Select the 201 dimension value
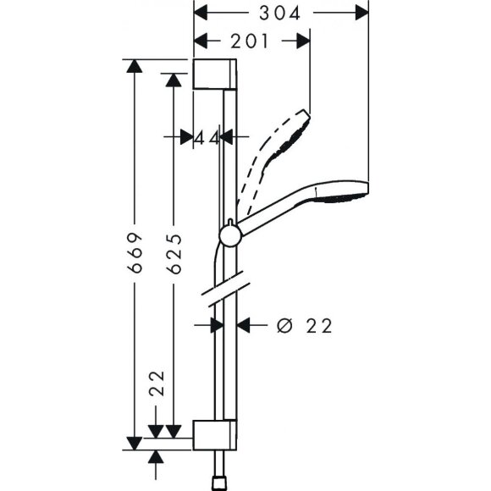(x=250, y=40)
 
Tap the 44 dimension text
(x=207, y=137)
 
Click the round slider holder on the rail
(x=229, y=235)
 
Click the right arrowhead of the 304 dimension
(x=361, y=13)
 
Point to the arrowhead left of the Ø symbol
(x=245, y=324)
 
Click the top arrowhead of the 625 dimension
(x=174, y=80)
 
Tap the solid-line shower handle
(x=279, y=212)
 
